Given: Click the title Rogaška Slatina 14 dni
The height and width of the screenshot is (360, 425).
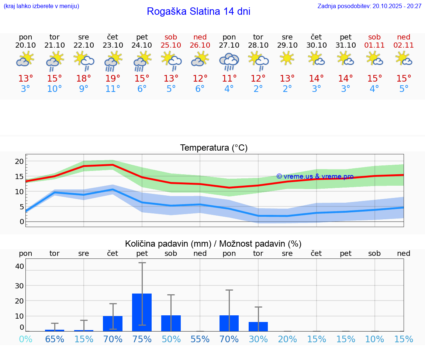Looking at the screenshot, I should pos(198,11).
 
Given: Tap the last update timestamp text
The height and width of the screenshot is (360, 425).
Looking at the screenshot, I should pos(369,6).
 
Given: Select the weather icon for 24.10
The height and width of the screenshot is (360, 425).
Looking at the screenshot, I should pos(142,61).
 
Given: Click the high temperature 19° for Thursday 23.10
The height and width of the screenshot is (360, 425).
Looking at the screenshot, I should pos(113,79).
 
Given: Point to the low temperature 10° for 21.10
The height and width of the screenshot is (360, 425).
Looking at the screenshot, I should pos(55,89).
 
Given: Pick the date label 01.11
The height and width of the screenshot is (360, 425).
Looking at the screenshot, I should pos(374,45).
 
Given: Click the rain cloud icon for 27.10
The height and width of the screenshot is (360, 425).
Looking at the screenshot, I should pos(229,61).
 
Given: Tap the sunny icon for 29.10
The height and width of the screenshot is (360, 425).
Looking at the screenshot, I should pos(287,58).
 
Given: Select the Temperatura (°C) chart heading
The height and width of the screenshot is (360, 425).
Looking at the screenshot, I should pos(214,148).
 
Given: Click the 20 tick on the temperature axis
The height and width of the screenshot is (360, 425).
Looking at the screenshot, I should pos(19,161).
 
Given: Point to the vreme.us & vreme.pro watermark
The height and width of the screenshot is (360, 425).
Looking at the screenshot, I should pos(315,176).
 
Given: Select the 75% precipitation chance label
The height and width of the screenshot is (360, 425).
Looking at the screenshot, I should pos(142,339).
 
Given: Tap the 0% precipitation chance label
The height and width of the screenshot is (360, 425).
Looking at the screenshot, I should pos(25,339).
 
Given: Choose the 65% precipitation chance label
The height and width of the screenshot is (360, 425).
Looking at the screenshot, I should pos(55,339).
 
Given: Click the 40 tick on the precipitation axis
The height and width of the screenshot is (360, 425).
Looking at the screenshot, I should pos(20,266).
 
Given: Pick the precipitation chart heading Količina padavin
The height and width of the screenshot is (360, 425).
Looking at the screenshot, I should pos(213,244).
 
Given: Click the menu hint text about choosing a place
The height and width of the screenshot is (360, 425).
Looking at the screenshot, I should pos(41,6).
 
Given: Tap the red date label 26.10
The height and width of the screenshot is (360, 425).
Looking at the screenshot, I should pos(200,45).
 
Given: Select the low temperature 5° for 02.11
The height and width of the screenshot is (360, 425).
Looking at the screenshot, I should pos(404,89).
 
